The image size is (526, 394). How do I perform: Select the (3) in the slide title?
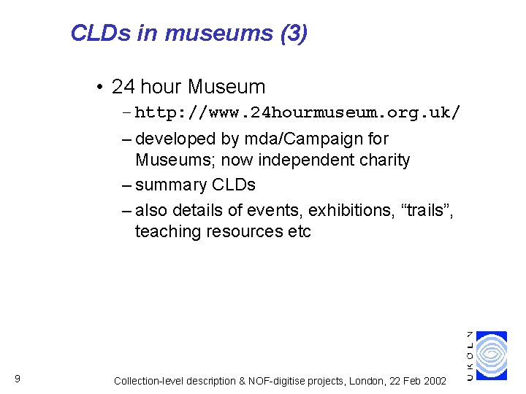point(293,34)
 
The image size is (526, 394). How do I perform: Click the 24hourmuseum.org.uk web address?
point(297,113)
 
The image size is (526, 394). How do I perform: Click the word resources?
point(245,231)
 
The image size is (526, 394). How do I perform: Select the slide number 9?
point(17,378)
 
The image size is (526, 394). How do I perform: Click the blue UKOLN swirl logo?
point(492,355)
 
